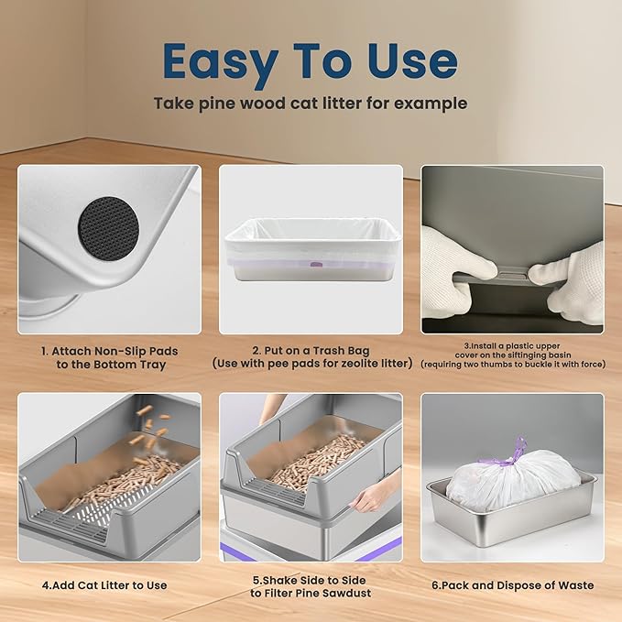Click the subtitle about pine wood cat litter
[x=311, y=104]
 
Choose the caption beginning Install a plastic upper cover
[x=512, y=355]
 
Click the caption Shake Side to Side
[x=310, y=585]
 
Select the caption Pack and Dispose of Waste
[x=512, y=585]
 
